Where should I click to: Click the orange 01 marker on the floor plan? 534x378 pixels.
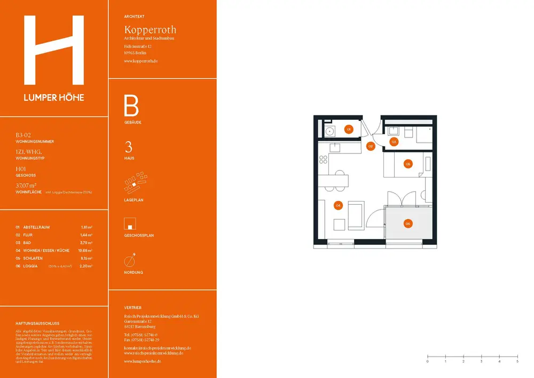point(348,129)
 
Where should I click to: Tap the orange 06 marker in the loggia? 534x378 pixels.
point(408,223)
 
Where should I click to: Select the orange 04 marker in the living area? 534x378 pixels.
point(338,205)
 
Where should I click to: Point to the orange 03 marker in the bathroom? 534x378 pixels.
point(394,142)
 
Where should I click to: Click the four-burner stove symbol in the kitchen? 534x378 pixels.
point(323,159)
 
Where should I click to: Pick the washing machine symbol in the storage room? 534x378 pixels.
point(329,130)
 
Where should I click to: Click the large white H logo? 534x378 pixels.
point(54,51)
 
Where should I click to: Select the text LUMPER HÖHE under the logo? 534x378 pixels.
point(53,97)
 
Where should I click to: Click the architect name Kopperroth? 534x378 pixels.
point(150,29)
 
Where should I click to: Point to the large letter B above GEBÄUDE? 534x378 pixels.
point(131,106)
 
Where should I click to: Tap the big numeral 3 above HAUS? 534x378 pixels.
point(128,148)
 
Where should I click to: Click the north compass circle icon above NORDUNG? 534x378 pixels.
point(129,261)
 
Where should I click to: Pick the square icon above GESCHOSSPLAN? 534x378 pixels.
point(129,223)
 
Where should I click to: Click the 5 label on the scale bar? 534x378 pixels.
point(517,362)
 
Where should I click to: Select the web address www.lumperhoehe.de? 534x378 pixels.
point(143,361)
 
